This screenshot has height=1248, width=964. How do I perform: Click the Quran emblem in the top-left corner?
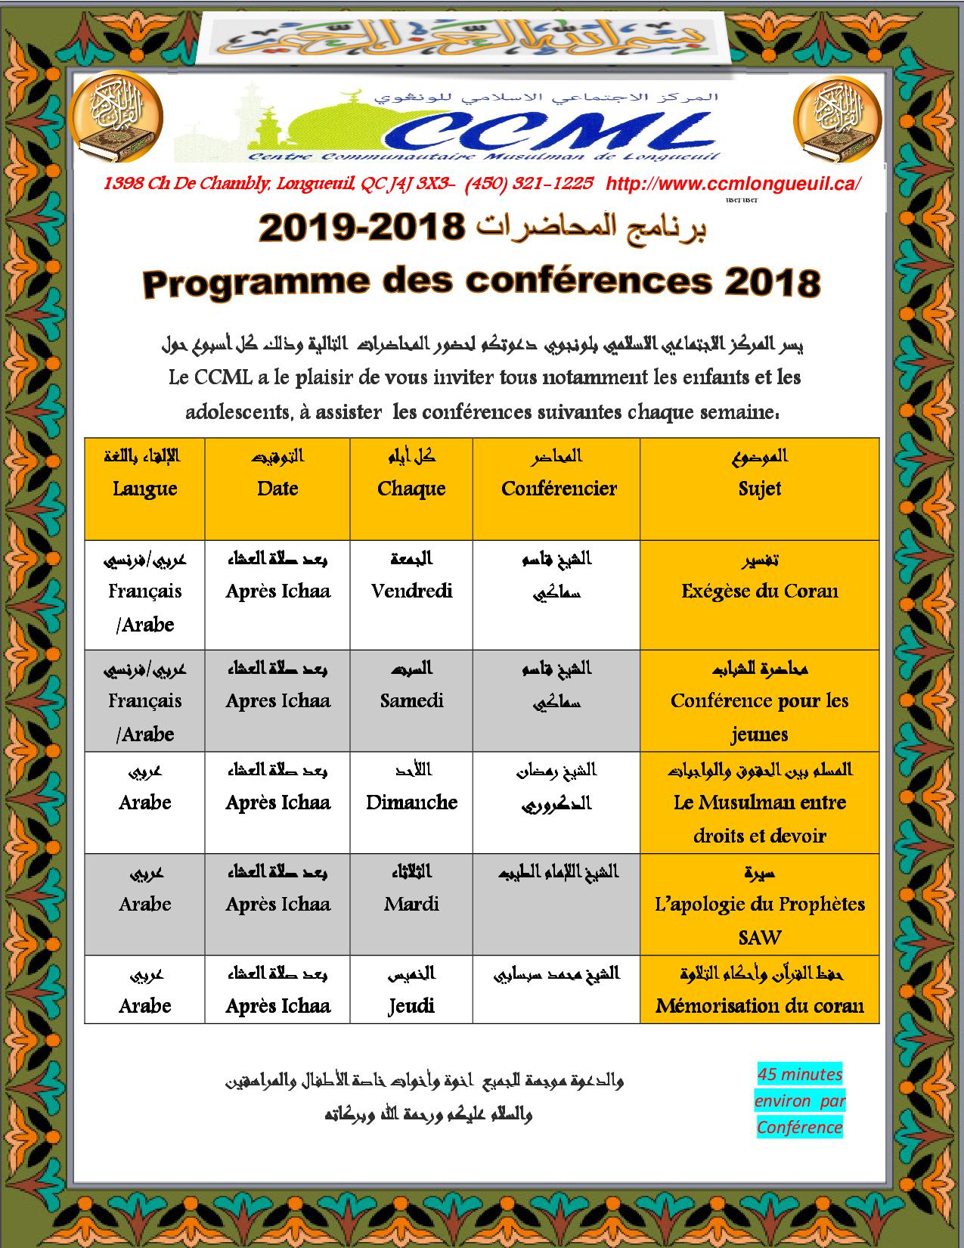[x=116, y=118]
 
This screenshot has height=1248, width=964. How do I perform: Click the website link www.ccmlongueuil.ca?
[x=733, y=184]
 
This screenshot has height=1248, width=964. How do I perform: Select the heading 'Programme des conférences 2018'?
[x=481, y=283]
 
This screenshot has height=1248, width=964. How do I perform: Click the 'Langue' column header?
[x=144, y=489]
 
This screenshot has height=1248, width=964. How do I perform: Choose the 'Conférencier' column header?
[x=559, y=489]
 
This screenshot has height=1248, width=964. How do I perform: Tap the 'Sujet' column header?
[x=759, y=489]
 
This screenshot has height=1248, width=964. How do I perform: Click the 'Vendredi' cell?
[x=411, y=591]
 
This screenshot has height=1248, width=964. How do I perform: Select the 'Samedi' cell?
[x=411, y=700]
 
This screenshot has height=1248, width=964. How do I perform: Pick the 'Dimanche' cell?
[x=411, y=803]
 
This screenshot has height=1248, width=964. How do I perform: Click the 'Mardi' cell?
[x=411, y=904]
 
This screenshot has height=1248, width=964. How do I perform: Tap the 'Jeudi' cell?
[x=411, y=1006]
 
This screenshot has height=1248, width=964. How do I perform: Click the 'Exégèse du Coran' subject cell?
[x=759, y=591]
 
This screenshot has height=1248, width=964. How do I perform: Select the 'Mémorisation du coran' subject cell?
[x=759, y=1006]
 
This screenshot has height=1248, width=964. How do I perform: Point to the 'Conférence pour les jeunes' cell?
[x=759, y=716]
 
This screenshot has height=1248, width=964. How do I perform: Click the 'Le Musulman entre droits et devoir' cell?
[x=759, y=818]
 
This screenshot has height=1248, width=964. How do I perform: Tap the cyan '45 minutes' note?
[x=800, y=1075]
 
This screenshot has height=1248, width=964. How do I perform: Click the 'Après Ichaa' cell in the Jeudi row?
[x=277, y=1006]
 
